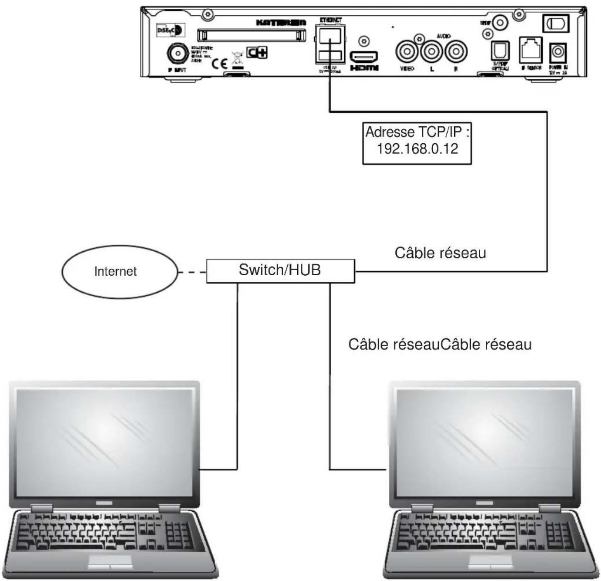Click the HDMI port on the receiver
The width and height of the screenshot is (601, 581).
coord(364,57)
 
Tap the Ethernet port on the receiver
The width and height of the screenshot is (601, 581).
coord(330,37)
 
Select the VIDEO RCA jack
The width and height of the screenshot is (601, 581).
coord(407,51)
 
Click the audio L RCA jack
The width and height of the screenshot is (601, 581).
coord(431,51)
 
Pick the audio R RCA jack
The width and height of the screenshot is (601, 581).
coord(455,51)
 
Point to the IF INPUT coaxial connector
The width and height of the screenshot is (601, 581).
coord(178,54)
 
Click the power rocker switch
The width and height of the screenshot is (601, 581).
coord(555,23)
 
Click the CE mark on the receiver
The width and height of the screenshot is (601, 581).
coord(220,64)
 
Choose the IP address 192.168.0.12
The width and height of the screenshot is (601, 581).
coord(417,149)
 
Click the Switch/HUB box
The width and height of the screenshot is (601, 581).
coord(280,270)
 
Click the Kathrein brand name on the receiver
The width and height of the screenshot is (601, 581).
coord(281,22)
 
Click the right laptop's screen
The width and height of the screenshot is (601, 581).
coord(485,442)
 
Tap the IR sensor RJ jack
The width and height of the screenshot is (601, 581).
coord(530,50)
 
